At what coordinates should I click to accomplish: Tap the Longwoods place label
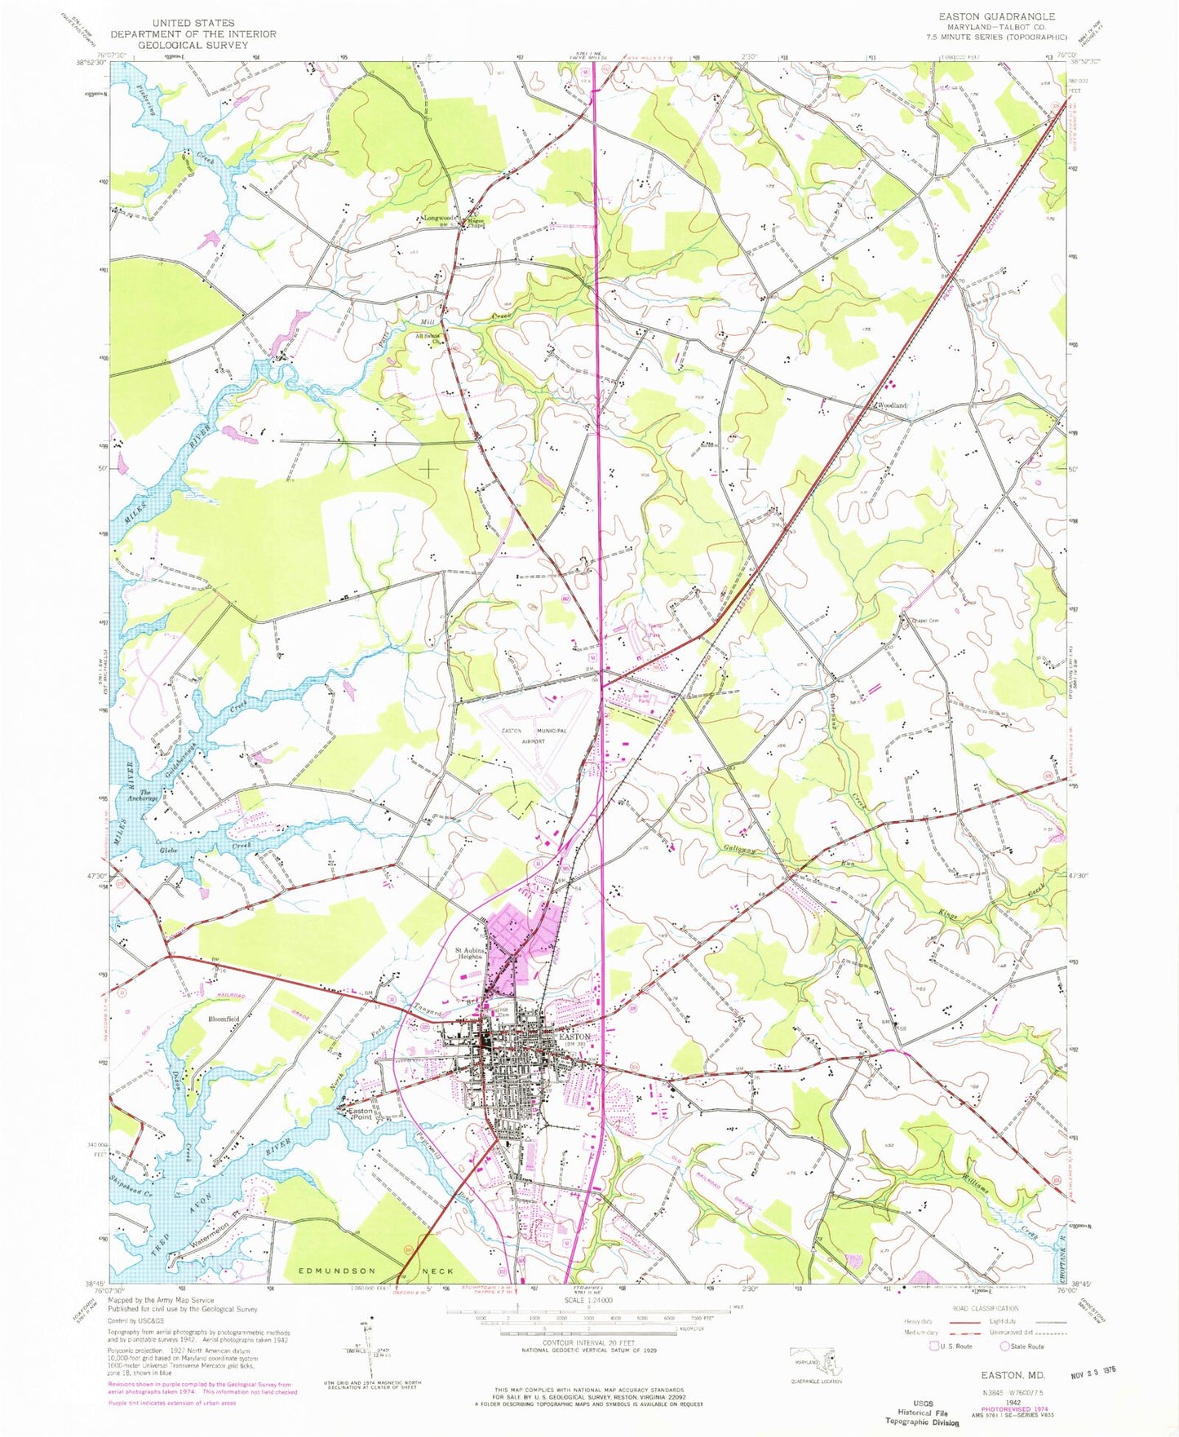coord(439,218)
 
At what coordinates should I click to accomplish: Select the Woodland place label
coord(891,405)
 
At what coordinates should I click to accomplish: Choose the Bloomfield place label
coord(224,1019)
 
